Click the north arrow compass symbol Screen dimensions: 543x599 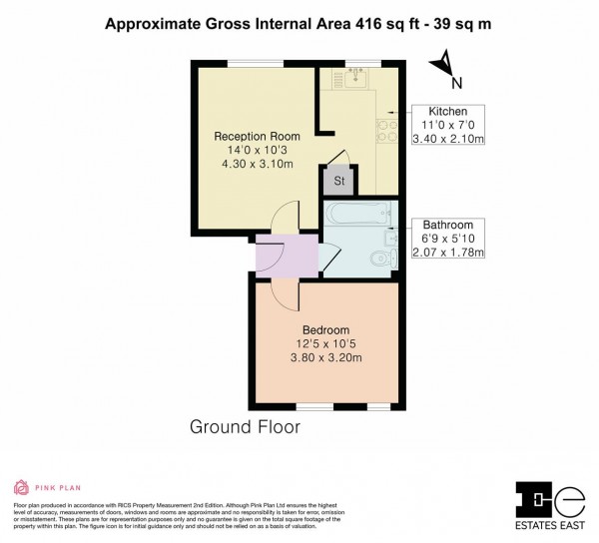(437, 65)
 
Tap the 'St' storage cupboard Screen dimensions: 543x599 (338, 181)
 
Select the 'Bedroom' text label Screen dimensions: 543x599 (326, 330)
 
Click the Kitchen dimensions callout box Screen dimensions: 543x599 (448, 125)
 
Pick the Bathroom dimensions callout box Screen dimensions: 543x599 (448, 238)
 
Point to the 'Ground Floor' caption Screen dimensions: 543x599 (245, 427)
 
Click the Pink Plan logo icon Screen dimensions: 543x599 (21, 488)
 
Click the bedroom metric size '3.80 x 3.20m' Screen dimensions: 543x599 (326, 357)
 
